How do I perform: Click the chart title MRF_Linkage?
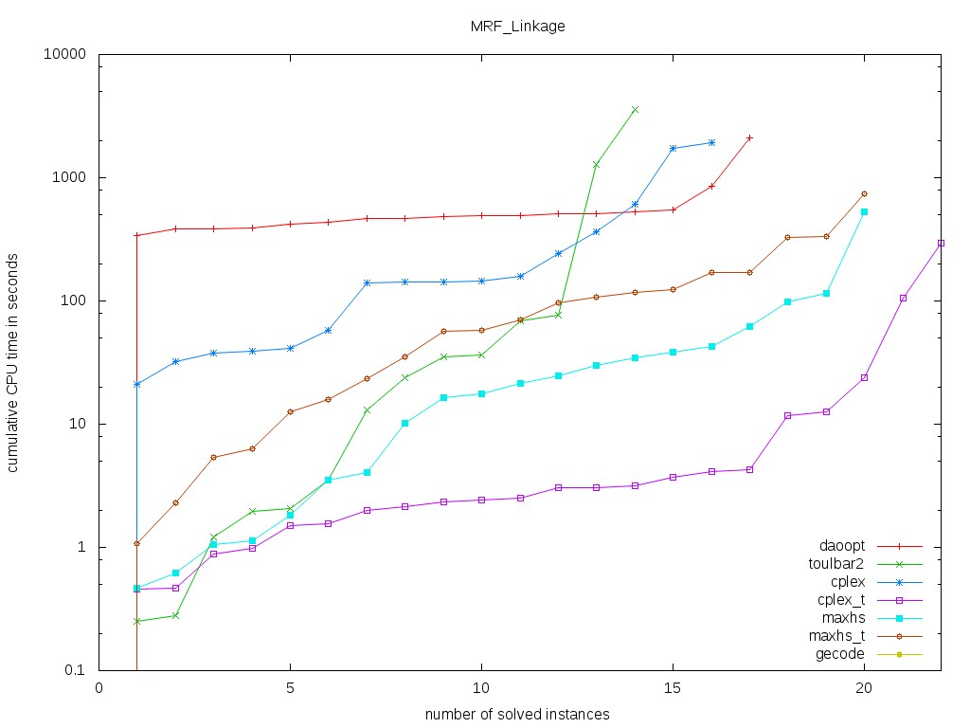point(517,27)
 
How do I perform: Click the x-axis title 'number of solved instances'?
point(517,714)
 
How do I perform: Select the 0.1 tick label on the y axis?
point(75,670)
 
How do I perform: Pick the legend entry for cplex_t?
point(838,600)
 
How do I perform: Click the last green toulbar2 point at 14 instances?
point(635,110)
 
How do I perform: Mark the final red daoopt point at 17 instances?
point(749,137)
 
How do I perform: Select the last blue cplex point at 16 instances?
point(711,142)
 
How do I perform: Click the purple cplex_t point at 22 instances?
point(941,243)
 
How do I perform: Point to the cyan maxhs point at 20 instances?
point(864,211)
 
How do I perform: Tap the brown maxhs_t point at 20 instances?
point(864,193)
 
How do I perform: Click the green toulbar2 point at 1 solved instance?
point(137,621)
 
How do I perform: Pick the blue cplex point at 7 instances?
point(367,282)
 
